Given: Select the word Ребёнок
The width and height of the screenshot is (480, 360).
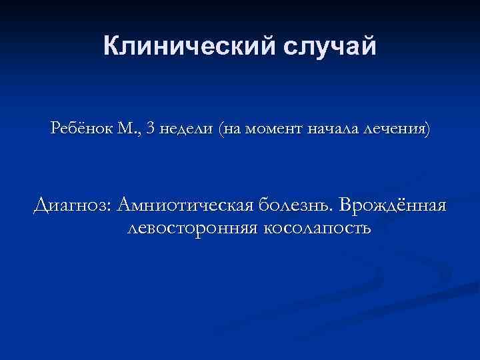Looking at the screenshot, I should (81, 129).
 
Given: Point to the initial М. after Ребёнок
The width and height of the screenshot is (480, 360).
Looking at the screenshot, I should (128, 129).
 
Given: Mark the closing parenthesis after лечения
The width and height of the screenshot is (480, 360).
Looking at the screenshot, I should (427, 129).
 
